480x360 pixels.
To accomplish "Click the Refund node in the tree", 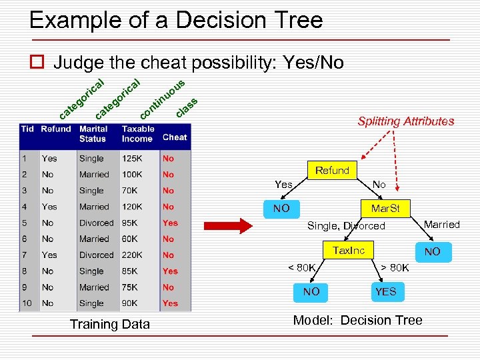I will point(332,171).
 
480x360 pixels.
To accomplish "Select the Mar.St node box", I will point(385,209).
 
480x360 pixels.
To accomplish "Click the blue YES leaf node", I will point(385,291).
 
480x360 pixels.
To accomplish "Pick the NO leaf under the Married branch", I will point(432,251).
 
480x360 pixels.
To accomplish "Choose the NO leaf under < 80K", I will point(311,291).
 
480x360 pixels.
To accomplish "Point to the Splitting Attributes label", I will point(405,121).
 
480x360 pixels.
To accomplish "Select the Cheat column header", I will point(175,137).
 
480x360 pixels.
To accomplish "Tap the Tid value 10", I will point(27,303).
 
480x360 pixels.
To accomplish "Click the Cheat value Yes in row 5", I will point(171,223).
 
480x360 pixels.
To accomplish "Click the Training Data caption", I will point(109,325).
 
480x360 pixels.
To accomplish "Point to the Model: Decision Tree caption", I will point(357,321).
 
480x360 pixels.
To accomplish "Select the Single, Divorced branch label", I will point(346,226).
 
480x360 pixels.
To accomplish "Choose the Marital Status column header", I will point(93,133).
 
